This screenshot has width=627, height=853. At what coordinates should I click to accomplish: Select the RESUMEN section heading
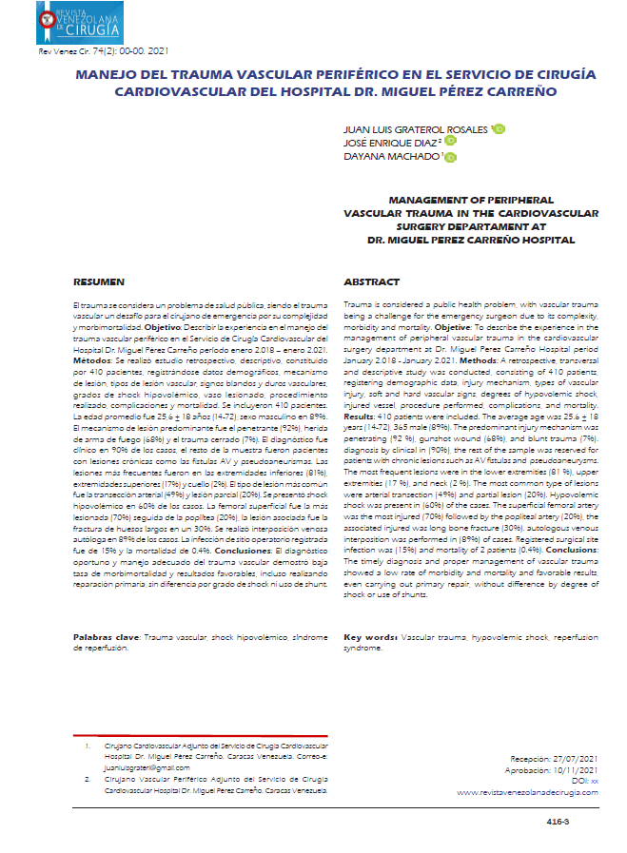tap(98, 282)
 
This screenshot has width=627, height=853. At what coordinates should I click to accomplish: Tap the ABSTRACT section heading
tap(365, 282)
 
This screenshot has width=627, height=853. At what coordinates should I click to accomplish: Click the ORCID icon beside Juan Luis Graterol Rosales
tap(500, 129)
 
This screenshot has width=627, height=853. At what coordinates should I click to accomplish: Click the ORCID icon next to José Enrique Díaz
tap(451, 143)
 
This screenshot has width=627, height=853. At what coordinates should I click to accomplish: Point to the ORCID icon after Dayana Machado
tap(452, 157)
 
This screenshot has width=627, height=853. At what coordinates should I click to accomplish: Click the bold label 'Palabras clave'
tap(108, 662)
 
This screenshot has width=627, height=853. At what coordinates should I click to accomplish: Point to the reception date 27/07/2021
tap(577, 760)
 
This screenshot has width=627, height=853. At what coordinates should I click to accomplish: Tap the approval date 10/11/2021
tap(577, 770)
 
